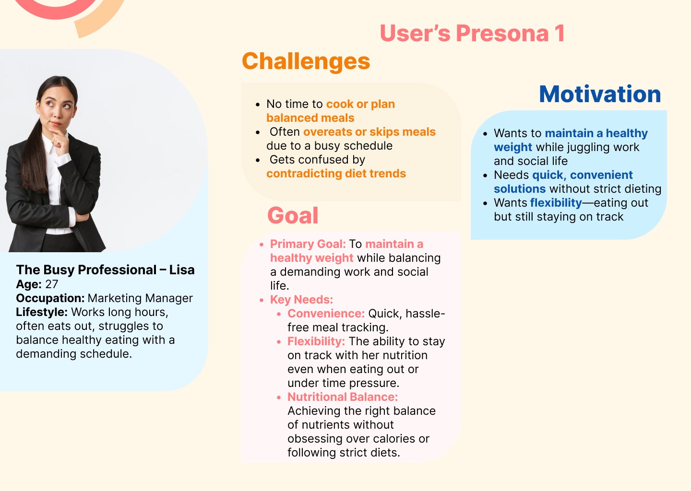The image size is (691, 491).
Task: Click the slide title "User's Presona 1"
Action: pyautogui.click(x=472, y=33)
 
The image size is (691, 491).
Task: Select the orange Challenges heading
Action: pyautogui.click(x=306, y=61)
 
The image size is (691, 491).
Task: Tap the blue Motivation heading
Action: pyautogui.click(x=600, y=94)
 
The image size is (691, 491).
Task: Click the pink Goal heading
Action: pyautogui.click(x=293, y=215)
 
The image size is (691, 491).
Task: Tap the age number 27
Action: pyautogui.click(x=51, y=284)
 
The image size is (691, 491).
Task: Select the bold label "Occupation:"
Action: pyautogui.click(x=50, y=298)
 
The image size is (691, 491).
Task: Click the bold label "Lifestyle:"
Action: pyautogui.click(x=42, y=312)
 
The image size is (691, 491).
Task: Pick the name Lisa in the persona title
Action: pyautogui.click(x=182, y=270)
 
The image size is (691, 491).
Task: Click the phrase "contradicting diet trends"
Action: pyautogui.click(x=336, y=174)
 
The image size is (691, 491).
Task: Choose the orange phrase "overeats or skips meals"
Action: pyautogui.click(x=369, y=132)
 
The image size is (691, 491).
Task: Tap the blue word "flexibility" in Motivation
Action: pyautogui.click(x=556, y=203)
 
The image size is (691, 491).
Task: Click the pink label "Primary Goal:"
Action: pyautogui.click(x=308, y=244)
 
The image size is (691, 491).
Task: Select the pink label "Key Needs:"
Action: pyautogui.click(x=301, y=300)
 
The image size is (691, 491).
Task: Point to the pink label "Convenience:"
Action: pyautogui.click(x=326, y=314)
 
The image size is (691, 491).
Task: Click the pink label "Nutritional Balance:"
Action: pyautogui.click(x=343, y=397)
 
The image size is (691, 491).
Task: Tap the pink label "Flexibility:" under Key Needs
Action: pyautogui.click(x=316, y=341)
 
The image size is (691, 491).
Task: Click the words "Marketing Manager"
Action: pyautogui.click(x=140, y=298)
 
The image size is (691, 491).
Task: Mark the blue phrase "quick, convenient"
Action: pyautogui.click(x=582, y=175)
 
